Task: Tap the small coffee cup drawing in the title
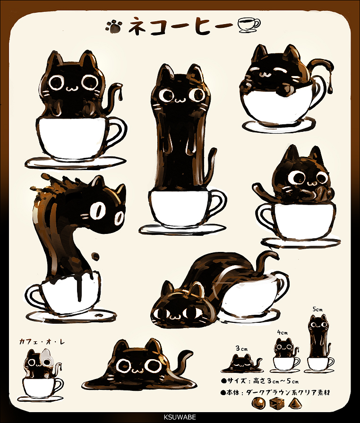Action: (x=249, y=26)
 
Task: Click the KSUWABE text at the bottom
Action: (x=180, y=417)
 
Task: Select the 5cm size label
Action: (x=317, y=309)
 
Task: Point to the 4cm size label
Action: (x=283, y=333)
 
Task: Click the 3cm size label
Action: (x=241, y=348)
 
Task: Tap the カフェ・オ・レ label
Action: (x=42, y=342)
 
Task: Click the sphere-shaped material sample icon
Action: (x=258, y=403)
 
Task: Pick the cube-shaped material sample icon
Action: (x=277, y=403)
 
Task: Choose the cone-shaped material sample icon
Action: (x=296, y=403)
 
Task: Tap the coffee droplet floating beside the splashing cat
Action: (x=95, y=256)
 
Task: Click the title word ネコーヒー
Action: (x=180, y=26)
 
